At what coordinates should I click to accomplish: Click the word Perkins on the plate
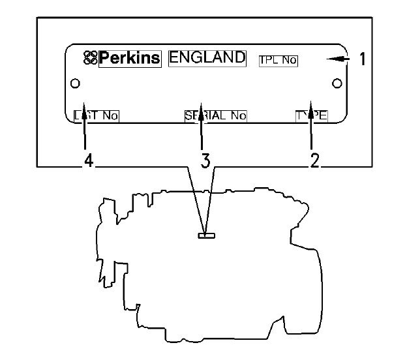click(129, 58)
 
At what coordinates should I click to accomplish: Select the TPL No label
click(278, 60)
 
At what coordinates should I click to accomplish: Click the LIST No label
click(96, 116)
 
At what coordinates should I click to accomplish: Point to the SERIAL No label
click(216, 116)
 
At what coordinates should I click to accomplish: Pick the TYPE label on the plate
click(311, 116)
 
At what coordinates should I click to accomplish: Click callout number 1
click(362, 59)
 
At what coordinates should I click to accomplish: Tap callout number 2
click(315, 161)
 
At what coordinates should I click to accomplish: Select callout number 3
click(205, 161)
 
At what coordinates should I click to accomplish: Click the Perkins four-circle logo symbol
click(90, 58)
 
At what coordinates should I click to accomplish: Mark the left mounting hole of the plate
click(75, 83)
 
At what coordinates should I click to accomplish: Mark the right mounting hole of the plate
click(337, 83)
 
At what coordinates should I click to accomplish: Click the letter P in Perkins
click(104, 58)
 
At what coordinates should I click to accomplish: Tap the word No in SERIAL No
click(238, 116)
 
